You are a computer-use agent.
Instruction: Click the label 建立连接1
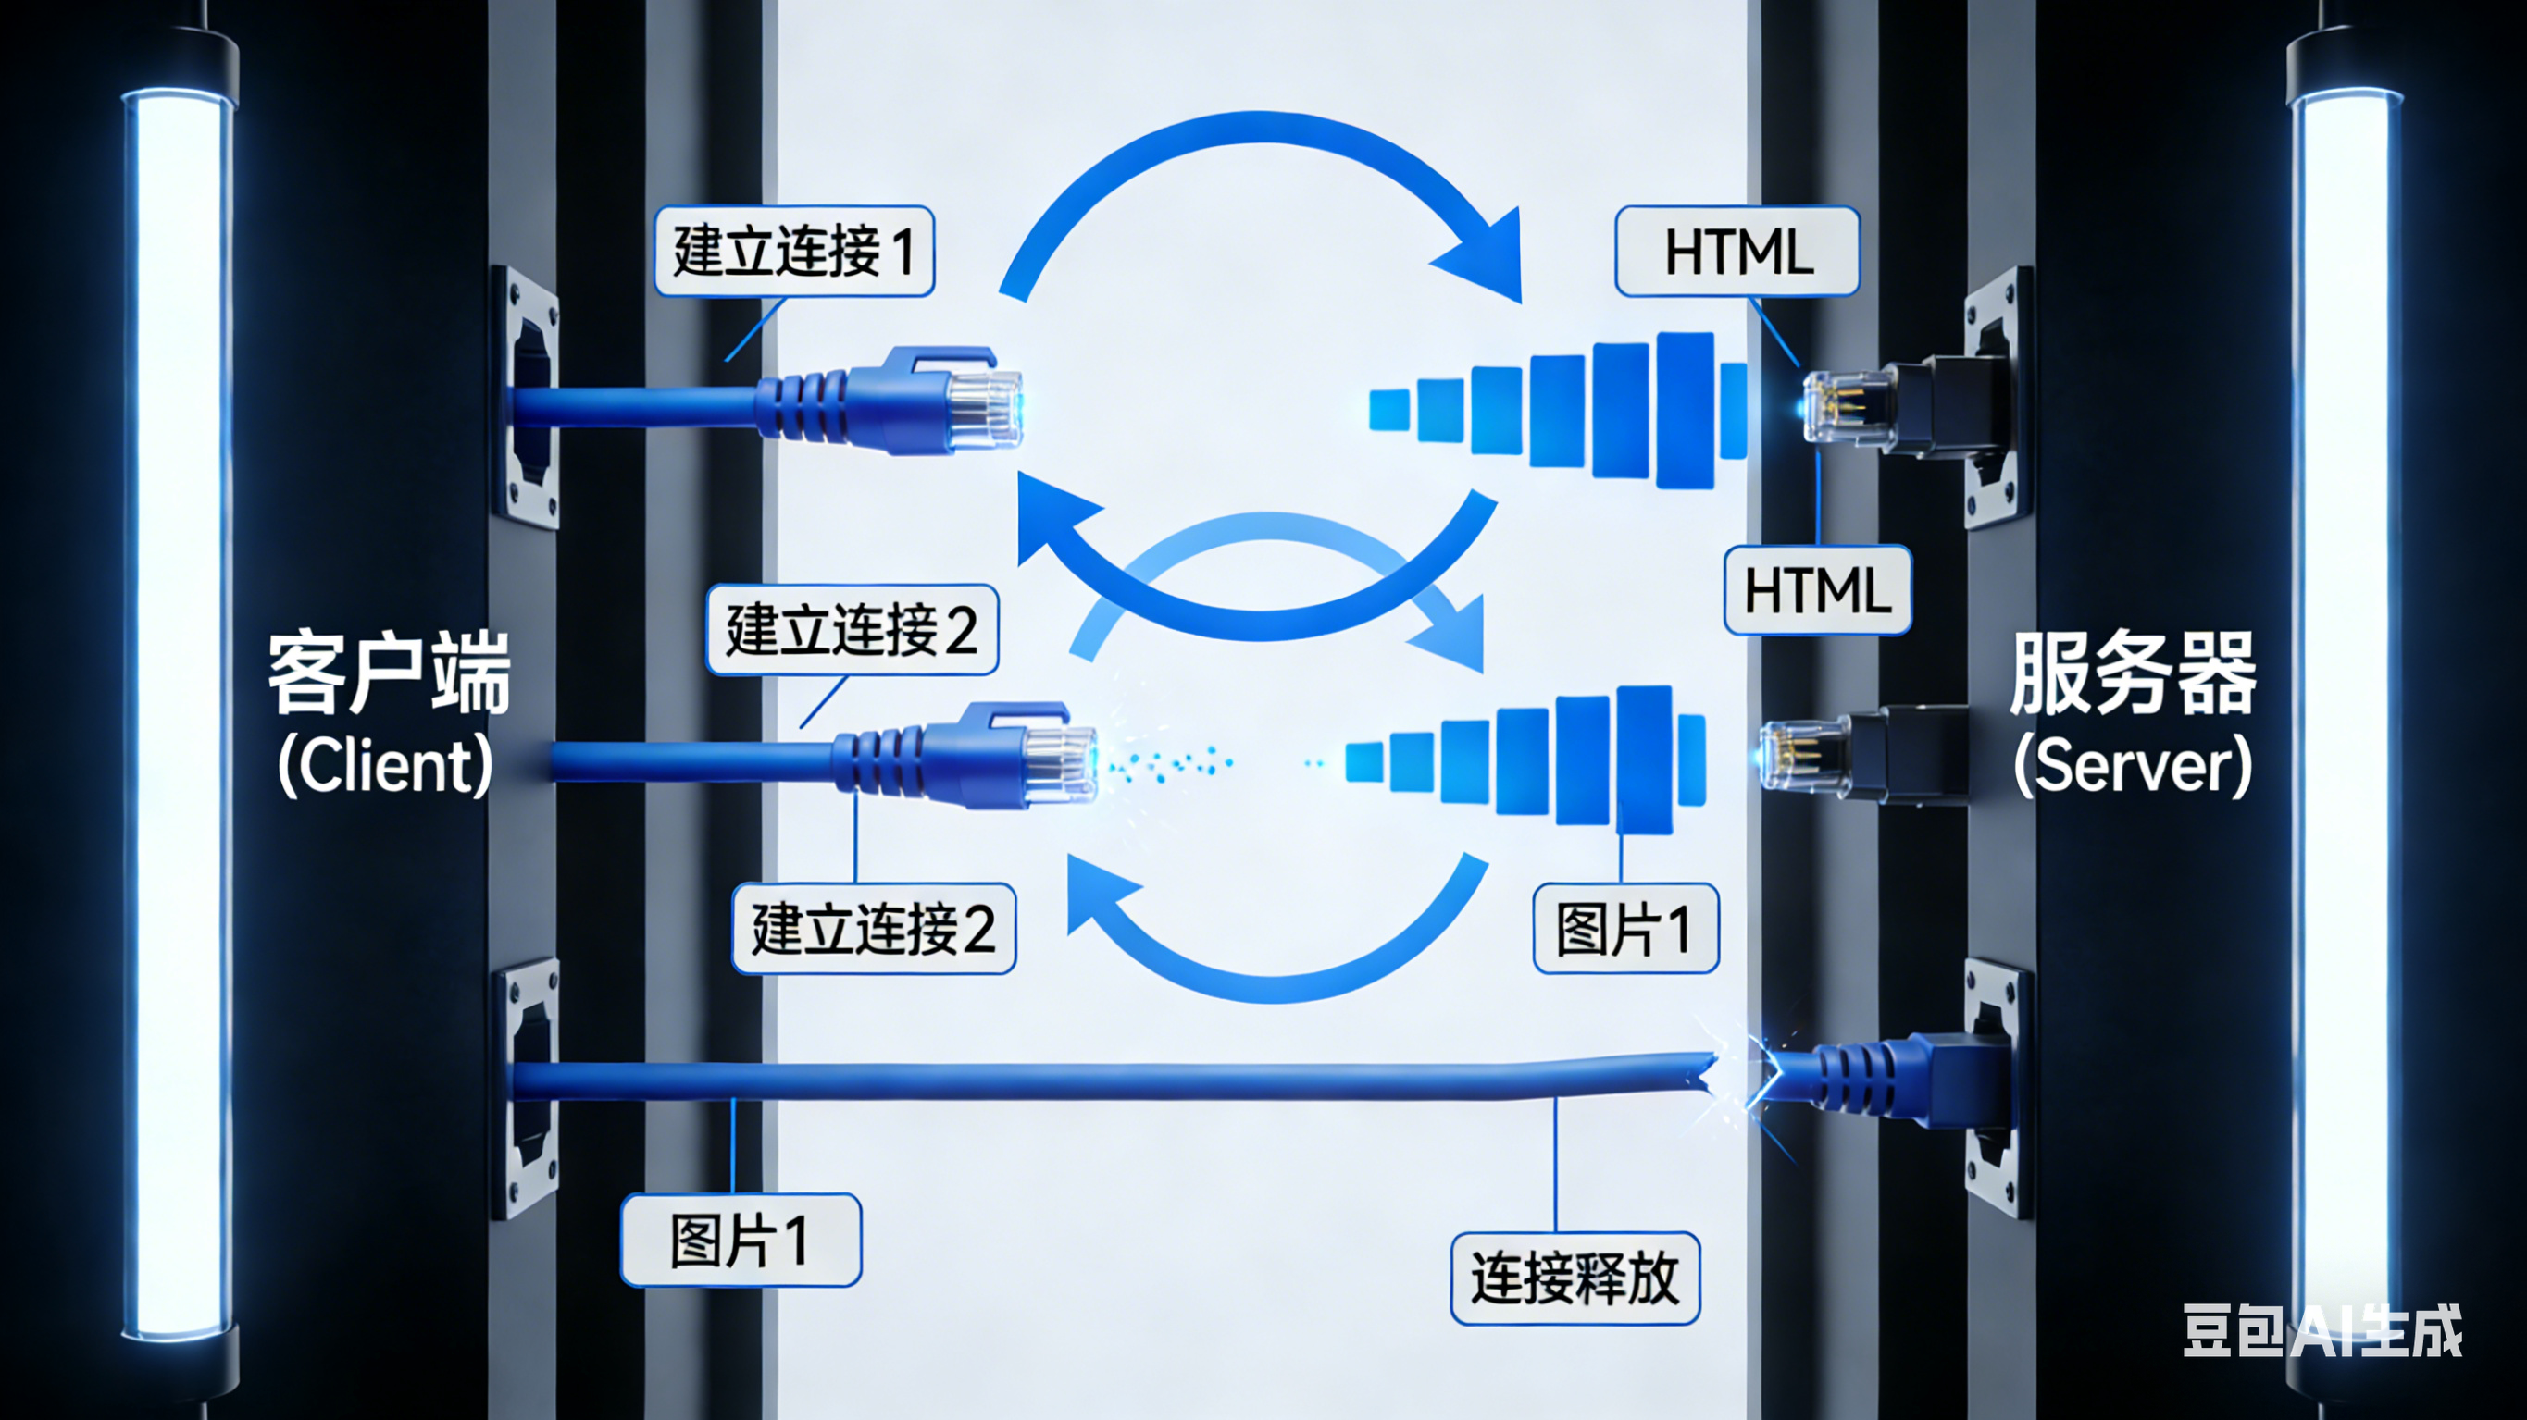[793, 251]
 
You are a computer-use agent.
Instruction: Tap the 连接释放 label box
[1575, 1278]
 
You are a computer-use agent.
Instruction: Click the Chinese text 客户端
[390, 673]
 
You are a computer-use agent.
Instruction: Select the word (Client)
[384, 765]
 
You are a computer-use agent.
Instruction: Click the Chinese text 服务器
[2133, 673]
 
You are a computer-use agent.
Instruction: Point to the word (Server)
[2133, 766]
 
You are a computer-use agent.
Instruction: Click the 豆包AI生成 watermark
[2322, 1331]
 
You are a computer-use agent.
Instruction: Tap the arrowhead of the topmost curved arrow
[1487, 257]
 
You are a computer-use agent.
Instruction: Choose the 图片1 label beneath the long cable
[741, 1240]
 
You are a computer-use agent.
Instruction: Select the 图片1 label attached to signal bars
[1625, 928]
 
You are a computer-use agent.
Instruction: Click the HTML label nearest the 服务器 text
[1817, 590]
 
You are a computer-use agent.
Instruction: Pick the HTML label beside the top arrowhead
[1737, 251]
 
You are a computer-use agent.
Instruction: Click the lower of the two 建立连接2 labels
[873, 928]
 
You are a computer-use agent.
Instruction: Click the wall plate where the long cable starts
[527, 1089]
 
